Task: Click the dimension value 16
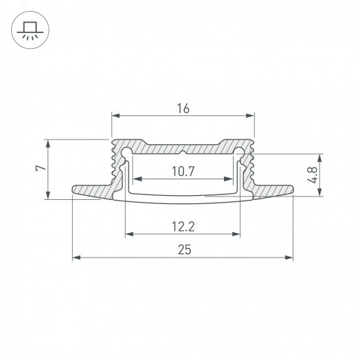point(182,109)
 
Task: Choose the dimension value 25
point(183,250)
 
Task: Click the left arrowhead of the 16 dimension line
point(115,115)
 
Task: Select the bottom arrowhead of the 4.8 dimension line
point(319,194)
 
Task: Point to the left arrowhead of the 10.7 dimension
point(134,179)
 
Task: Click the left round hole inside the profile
point(127,151)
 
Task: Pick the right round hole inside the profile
point(238,151)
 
